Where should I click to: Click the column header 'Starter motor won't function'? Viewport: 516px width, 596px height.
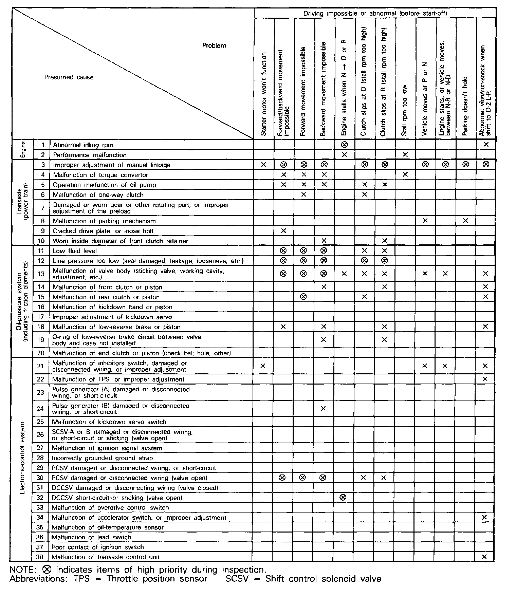(264, 94)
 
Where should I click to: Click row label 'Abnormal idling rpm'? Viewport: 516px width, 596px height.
(83, 145)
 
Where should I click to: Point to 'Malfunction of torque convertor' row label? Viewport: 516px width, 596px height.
(100, 175)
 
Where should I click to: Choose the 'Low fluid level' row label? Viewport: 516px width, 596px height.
(75, 251)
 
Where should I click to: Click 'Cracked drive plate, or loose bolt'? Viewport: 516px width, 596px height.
(103, 231)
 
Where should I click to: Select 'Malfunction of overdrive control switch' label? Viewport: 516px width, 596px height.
(110, 507)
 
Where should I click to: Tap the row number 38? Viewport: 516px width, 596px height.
(40, 557)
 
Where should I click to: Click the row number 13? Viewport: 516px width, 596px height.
(41, 274)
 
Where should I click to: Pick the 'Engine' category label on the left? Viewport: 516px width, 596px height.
(23, 150)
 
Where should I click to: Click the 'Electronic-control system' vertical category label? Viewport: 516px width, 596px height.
(22, 458)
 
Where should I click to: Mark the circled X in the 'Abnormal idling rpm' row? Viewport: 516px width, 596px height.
(344, 145)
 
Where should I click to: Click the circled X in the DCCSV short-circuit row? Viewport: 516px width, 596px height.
(343, 498)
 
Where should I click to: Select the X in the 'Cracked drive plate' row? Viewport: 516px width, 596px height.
(283, 231)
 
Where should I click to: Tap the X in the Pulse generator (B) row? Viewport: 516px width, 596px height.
(323, 408)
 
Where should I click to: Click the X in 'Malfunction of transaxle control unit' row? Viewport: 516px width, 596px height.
(484, 557)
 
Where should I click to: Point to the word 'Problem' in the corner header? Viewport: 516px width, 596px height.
(214, 45)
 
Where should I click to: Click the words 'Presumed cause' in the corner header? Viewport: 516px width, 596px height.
(69, 77)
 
